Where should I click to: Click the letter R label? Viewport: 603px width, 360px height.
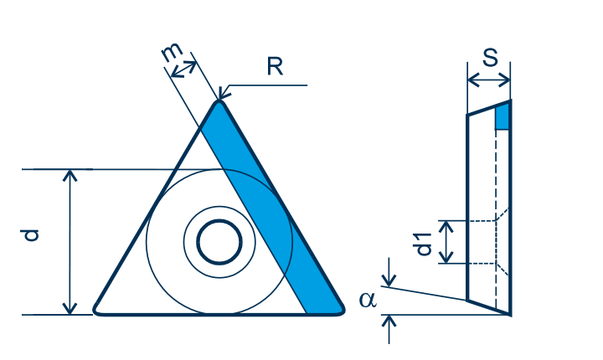coord(275,66)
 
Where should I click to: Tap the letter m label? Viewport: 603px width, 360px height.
coord(171,52)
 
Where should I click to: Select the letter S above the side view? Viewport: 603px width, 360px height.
coord(490,58)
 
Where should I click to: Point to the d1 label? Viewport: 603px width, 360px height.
coord(424,244)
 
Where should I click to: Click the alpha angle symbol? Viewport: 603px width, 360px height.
coord(368,300)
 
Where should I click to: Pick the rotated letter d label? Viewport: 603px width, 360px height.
coord(30,235)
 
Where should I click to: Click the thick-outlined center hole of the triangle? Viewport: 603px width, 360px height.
coord(219,242)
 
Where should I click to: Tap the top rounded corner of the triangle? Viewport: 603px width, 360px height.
coord(219,102)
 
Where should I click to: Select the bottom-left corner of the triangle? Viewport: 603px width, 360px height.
coord(96,311)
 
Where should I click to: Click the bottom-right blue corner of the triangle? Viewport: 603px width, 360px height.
coord(340,310)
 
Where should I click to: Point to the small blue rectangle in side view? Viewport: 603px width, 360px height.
coord(502,117)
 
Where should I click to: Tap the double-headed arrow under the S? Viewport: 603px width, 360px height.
coord(489,80)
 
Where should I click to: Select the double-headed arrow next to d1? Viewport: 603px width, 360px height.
coord(446,242)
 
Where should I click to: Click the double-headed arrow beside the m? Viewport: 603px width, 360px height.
coord(183,69)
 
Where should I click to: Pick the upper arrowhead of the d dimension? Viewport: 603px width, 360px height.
coord(70,175)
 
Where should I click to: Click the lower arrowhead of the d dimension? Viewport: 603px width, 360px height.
coord(70,308)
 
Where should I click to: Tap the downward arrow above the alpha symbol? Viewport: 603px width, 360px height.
coord(389,272)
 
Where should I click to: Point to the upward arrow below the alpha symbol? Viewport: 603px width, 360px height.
coord(389,329)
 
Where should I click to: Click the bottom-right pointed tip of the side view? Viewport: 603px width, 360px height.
coord(510,315)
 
